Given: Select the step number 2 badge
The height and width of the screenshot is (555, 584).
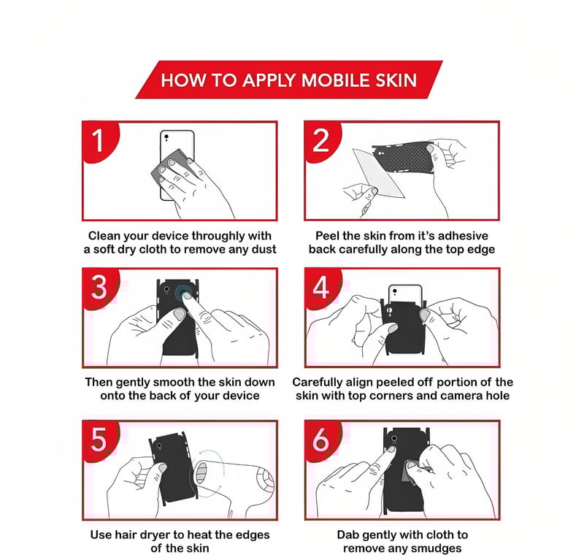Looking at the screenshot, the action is pos(322,141).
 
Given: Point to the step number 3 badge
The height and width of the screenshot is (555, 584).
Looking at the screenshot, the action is pos(100,288).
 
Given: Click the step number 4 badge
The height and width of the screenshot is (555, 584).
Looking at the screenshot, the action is pos(322,288).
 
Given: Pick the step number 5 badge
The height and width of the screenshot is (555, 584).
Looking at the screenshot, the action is pos(100,440).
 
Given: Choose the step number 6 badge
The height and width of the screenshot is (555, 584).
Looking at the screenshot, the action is pos(322,440).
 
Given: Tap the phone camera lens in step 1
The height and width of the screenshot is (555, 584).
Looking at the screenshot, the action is pos(166,137).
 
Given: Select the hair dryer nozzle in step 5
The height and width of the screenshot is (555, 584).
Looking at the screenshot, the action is pos(201,473).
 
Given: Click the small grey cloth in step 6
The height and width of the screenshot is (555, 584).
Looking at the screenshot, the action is pos(410,471).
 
